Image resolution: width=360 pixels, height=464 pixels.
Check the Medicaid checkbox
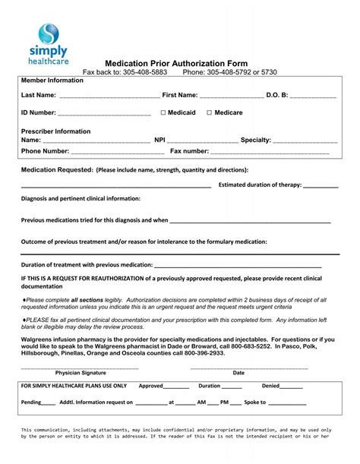(163, 112)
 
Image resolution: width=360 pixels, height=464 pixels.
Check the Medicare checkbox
(210, 112)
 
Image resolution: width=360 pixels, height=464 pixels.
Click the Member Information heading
(52, 80)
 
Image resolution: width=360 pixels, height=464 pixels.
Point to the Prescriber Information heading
(55, 131)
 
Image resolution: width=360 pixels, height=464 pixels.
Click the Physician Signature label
(81, 373)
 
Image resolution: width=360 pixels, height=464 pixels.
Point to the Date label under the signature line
(238, 373)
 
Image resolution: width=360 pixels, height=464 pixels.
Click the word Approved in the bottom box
(150, 386)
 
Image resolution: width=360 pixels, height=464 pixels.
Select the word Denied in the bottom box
(271, 386)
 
